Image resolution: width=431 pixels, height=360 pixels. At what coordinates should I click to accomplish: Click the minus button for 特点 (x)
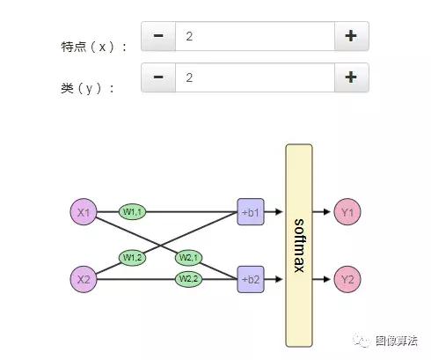(x=158, y=36)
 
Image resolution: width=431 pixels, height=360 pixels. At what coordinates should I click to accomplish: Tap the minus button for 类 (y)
(x=158, y=77)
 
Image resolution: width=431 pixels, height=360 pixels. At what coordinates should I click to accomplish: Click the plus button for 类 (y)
(x=351, y=77)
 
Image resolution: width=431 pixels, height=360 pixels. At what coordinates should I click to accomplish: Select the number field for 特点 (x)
(x=254, y=36)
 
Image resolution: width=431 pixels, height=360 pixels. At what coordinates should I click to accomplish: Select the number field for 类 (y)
(x=254, y=77)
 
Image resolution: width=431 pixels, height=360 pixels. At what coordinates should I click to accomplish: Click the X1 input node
(x=84, y=212)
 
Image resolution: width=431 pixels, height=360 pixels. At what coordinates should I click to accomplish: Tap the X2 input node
(x=84, y=279)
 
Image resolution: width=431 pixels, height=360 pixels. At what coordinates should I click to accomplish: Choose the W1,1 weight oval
(x=134, y=212)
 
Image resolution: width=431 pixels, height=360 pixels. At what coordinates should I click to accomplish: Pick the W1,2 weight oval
(x=134, y=257)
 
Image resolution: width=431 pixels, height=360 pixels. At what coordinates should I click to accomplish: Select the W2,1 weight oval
(x=187, y=257)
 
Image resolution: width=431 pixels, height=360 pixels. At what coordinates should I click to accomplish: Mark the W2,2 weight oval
(x=187, y=279)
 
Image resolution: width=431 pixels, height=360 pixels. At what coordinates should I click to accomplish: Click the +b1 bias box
(x=251, y=212)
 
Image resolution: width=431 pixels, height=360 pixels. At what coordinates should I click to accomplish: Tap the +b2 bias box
(x=251, y=279)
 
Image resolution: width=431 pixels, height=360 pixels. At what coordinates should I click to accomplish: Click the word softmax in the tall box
(x=299, y=245)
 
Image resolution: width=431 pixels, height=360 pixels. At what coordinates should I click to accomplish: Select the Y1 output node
(x=347, y=212)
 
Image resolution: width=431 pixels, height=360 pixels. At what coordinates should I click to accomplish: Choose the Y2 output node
(x=347, y=279)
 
